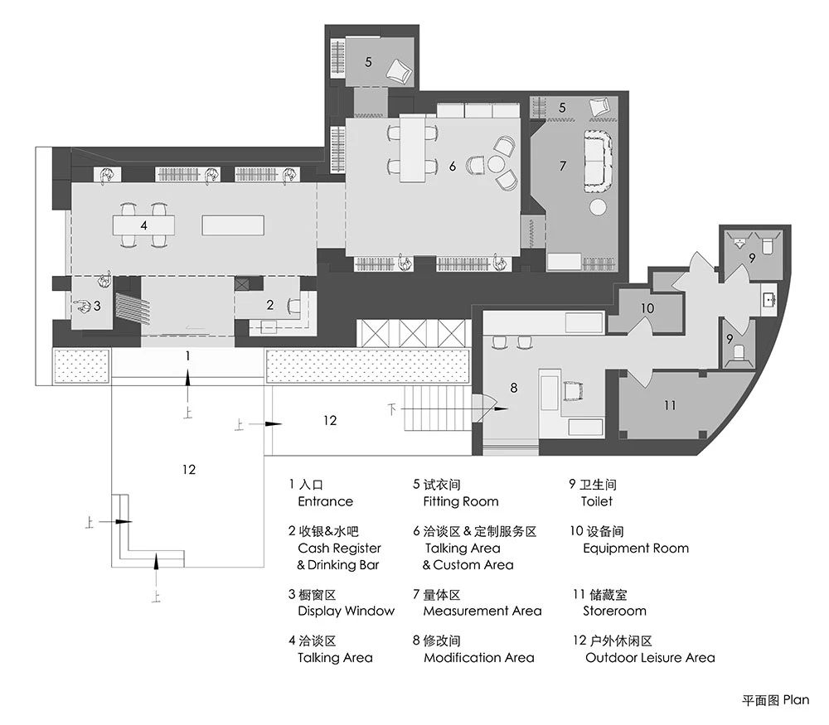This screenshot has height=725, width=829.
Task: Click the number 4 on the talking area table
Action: (143, 225)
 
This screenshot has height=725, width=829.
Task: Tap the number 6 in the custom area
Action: (452, 167)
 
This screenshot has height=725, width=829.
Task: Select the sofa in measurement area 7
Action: (599, 161)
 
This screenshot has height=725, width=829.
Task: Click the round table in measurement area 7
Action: (598, 207)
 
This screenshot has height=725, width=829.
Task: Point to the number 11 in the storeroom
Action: (670, 405)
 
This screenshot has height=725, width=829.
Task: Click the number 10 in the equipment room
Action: (647, 308)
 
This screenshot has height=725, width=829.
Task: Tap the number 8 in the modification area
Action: (513, 388)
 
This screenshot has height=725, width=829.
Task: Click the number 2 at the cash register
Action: (270, 305)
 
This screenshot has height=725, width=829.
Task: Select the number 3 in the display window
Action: (97, 306)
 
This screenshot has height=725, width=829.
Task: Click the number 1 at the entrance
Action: (187, 356)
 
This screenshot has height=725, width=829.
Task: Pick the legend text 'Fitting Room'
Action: (460, 501)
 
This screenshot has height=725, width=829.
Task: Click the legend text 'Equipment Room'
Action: (636, 548)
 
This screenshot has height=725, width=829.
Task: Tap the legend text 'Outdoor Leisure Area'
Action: (650, 658)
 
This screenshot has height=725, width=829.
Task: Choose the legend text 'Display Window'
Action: (346, 611)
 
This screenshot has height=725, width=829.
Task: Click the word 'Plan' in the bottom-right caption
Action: (796, 700)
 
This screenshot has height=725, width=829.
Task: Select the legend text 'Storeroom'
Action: (614, 611)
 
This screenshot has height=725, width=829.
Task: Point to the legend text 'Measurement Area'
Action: (482, 611)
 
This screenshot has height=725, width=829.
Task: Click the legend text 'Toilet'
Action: (596, 501)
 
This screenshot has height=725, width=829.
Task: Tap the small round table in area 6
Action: (496, 164)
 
